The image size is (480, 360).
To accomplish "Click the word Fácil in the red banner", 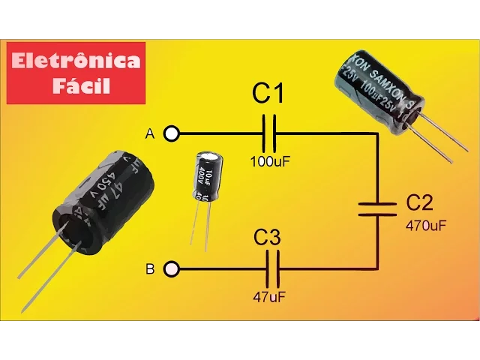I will tap(82, 85).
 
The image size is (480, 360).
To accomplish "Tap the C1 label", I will tap(268, 94).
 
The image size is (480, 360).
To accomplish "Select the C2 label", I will tap(419, 202).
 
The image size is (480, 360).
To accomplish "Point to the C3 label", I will tap(267, 238).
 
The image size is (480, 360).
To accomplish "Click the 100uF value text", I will tap(268, 160).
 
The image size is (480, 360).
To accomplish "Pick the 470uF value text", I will tap(426, 224).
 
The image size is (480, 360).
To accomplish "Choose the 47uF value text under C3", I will tap(268, 296).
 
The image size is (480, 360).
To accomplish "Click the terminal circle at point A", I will tap(172, 134).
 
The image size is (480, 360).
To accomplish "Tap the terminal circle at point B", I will tap(172, 268).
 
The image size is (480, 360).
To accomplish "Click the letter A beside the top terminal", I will tap(150, 134).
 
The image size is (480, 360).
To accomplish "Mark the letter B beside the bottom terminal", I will tap(150, 268).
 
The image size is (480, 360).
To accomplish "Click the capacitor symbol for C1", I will tap(270, 134).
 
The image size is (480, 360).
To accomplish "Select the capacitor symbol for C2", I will tap(376, 208).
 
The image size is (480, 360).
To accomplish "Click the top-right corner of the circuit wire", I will tap(376, 134).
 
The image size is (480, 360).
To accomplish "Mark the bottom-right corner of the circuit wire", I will tap(376, 268).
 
